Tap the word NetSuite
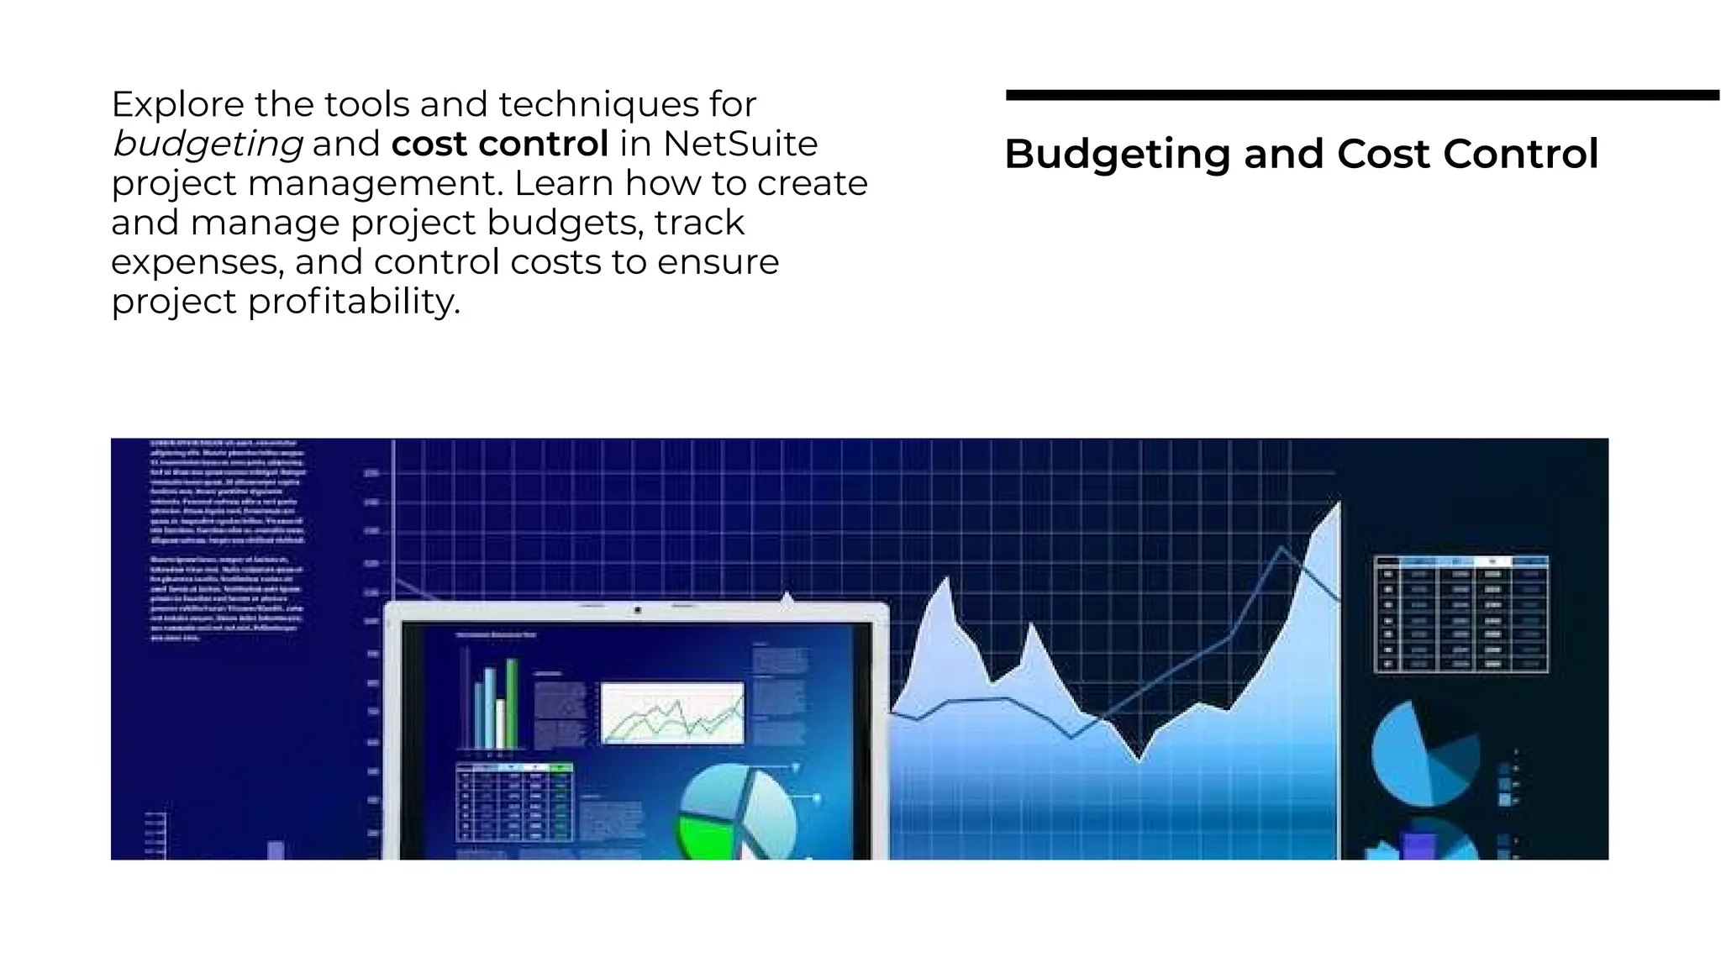coord(739,144)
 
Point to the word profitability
coord(354,302)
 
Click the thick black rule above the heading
coord(1361,96)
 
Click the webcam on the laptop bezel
coord(637,610)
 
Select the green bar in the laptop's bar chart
coord(511,703)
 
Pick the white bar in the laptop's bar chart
coord(500,724)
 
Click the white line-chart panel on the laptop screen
coord(672,713)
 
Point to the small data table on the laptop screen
coord(513,802)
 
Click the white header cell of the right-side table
coord(1492,561)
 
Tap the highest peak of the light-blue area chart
coord(1336,508)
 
